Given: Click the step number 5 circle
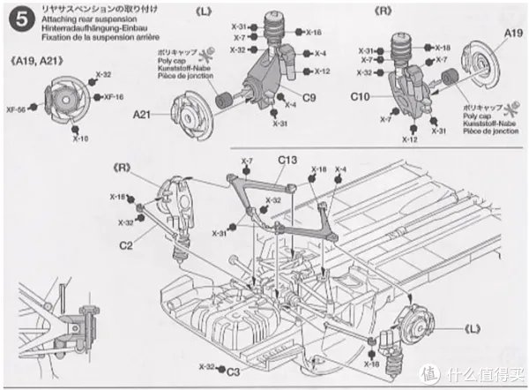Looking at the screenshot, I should (14, 16).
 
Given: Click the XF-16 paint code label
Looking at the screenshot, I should (114, 97).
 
